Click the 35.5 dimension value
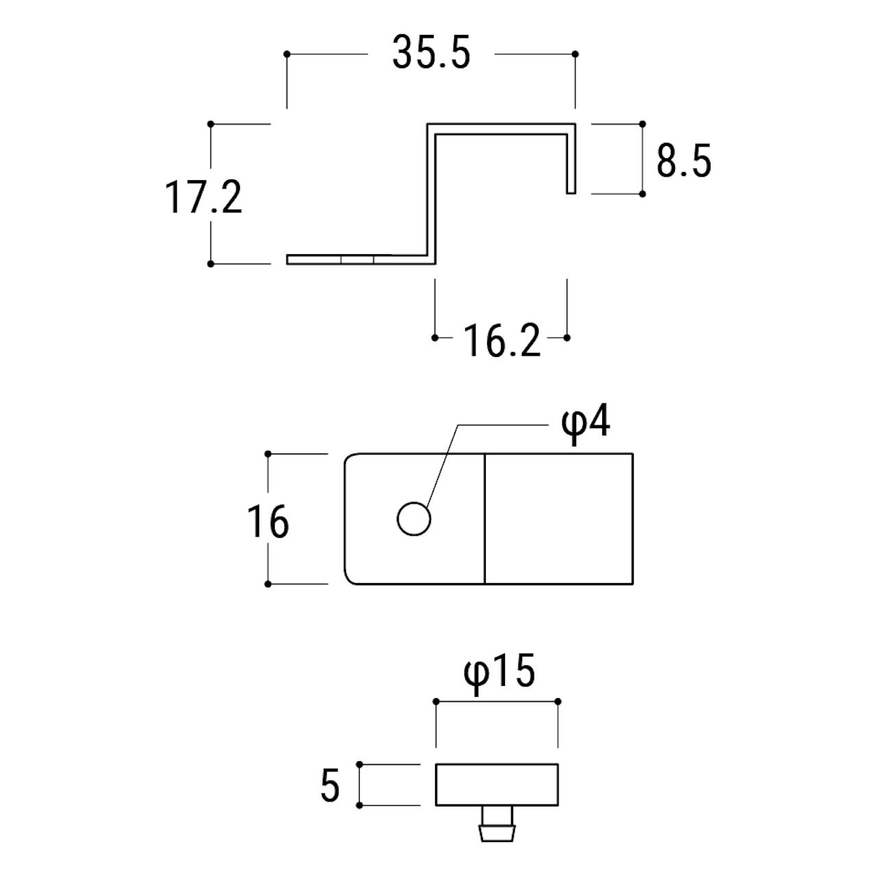tap(430, 53)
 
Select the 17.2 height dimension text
tap(203, 197)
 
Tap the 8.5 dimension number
tap(684, 161)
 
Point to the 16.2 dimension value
tap(502, 341)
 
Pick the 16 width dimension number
tap(268, 521)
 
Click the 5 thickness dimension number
tap(330, 785)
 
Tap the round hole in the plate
tap(414, 519)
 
